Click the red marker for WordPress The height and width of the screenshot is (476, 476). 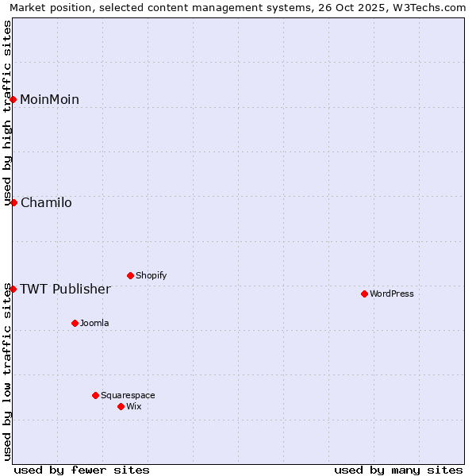[x=364, y=294]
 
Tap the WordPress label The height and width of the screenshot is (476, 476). [x=392, y=294]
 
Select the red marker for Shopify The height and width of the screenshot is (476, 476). [x=130, y=275]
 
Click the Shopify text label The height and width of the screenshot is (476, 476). [x=151, y=276]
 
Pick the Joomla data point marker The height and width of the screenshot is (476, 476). [x=75, y=323]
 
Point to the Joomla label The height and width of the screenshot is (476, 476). [x=94, y=324]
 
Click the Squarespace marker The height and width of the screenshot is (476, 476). [x=95, y=395]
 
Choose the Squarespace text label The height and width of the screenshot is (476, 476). [x=128, y=396]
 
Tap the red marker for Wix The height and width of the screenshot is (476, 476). [x=121, y=406]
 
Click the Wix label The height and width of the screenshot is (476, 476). [x=134, y=407]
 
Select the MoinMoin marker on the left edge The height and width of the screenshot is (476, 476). [x=13, y=99]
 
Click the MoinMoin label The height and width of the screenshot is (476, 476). [x=49, y=100]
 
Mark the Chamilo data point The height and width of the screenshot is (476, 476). [x=13, y=202]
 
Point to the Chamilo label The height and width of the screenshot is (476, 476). [x=46, y=203]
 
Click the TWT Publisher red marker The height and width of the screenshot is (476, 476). [x=13, y=289]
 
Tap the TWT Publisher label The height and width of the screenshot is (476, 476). [x=65, y=290]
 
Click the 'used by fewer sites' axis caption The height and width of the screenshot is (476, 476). [x=82, y=470]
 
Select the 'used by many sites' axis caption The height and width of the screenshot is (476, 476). [x=398, y=470]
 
